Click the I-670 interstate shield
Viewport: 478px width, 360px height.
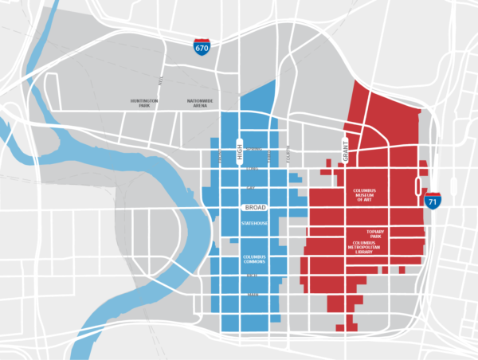[202, 48]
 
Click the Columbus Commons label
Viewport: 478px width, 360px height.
[254, 260]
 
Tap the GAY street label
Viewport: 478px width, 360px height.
[251, 188]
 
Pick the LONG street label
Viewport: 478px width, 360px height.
[253, 168]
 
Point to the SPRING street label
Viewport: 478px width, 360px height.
[253, 150]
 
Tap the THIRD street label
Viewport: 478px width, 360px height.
[270, 157]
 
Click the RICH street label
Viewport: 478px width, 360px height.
[253, 276]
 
